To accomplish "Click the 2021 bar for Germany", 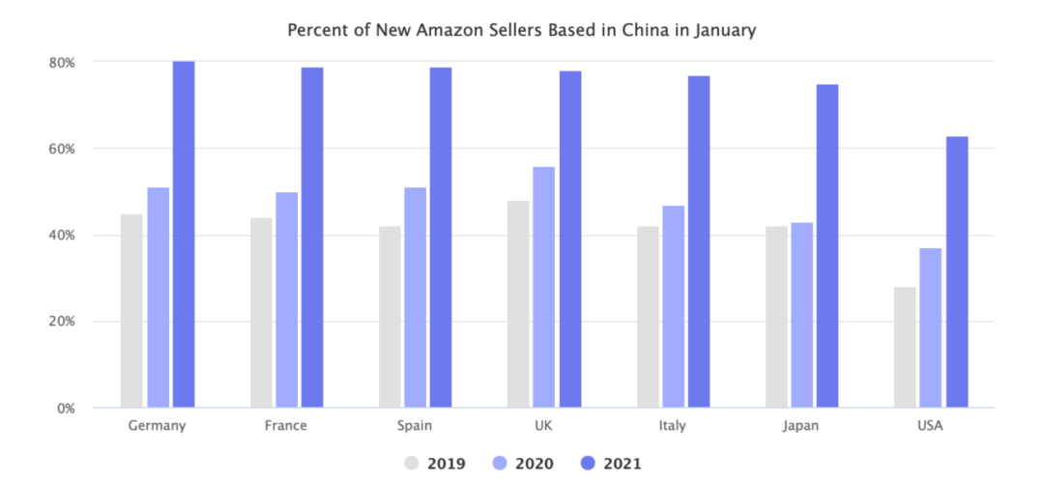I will click(184, 235).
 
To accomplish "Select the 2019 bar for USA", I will click(905, 348).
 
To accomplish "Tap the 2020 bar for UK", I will click(544, 288).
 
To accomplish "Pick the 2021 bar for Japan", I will click(827, 246).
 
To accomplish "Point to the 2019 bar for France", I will click(261, 313).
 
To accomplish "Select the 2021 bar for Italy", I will click(699, 241).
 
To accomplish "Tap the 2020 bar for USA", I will click(930, 328).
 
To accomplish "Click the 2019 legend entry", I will click(435, 464).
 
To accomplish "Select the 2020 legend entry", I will click(523, 464).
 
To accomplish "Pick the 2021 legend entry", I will click(610, 464).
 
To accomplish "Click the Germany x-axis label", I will click(157, 426).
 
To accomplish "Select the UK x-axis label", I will click(543, 426).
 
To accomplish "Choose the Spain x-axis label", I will click(415, 426).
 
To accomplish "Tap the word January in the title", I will click(724, 30).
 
